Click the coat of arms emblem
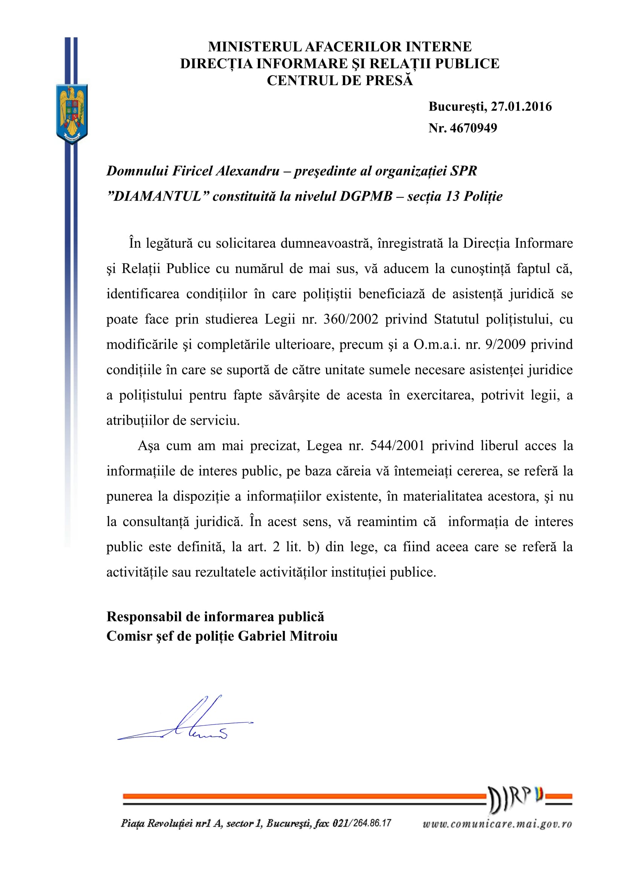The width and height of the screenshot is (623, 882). (x=72, y=114)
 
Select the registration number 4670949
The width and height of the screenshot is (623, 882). (x=473, y=128)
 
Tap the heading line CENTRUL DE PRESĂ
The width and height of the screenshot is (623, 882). (x=340, y=81)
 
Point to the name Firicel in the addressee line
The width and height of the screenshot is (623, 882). (x=192, y=171)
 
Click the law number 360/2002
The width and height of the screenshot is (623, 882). (x=351, y=319)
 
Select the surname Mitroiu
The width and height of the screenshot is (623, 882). (x=313, y=636)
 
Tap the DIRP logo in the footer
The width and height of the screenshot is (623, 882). (x=516, y=799)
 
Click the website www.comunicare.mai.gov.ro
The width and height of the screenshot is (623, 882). (x=497, y=824)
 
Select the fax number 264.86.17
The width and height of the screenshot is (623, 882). (x=372, y=823)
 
